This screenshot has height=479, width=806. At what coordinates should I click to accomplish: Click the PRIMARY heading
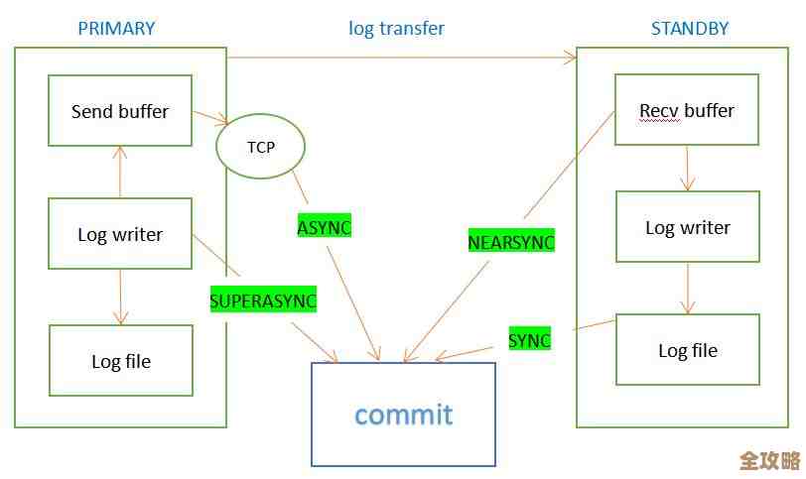click(x=116, y=28)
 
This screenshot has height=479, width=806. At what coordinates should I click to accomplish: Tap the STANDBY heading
click(x=689, y=28)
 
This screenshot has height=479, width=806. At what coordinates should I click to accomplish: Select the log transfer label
click(x=396, y=28)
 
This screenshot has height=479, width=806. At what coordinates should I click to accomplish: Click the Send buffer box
click(x=120, y=111)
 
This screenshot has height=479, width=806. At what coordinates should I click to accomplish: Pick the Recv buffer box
click(x=687, y=110)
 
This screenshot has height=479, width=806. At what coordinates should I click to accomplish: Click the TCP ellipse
click(x=260, y=147)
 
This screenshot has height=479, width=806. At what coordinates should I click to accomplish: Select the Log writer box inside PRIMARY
click(x=120, y=234)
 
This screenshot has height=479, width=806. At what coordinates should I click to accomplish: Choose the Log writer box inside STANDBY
click(x=687, y=227)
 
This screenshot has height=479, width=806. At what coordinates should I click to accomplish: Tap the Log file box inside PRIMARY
click(x=120, y=361)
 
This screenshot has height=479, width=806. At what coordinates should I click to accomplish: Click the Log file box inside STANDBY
click(x=687, y=350)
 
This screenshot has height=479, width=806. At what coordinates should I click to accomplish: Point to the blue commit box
click(x=403, y=414)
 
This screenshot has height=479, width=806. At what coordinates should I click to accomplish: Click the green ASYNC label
click(x=325, y=227)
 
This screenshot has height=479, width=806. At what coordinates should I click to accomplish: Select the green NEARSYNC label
click(x=511, y=241)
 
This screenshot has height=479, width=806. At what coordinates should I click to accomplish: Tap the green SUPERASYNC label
click(x=263, y=299)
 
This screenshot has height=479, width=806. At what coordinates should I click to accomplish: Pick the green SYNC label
click(x=529, y=340)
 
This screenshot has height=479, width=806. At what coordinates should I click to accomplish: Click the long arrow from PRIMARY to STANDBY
click(x=402, y=59)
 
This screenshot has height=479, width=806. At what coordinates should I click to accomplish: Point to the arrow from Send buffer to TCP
click(x=210, y=117)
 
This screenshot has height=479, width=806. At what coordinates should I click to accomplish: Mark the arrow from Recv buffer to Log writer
click(x=687, y=168)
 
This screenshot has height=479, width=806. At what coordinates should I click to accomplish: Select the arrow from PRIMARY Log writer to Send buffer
click(x=120, y=172)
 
